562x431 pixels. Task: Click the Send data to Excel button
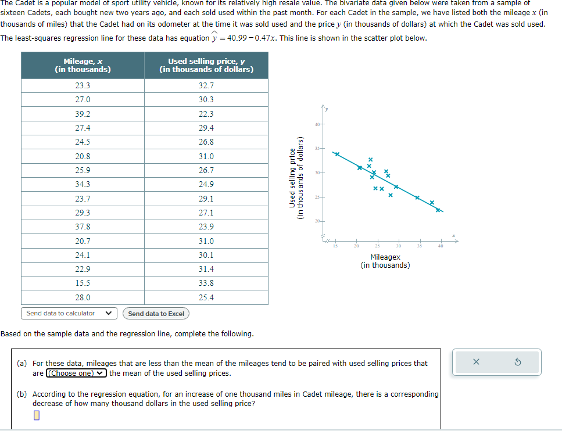156,314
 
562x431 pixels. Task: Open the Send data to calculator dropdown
69,313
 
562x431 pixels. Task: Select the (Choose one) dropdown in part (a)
77,373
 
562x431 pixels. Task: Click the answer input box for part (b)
37,416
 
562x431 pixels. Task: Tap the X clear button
476,362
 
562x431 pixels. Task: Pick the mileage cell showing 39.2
83,114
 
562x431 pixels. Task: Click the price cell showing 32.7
206,85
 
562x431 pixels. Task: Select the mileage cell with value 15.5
83,283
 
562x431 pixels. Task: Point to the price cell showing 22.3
206,114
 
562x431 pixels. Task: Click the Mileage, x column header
83,65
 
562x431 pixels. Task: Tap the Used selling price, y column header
206,65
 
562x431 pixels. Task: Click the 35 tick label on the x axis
418,246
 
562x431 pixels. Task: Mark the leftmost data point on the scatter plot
337,154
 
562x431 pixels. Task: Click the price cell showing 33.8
206,283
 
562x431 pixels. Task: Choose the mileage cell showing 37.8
83,227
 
